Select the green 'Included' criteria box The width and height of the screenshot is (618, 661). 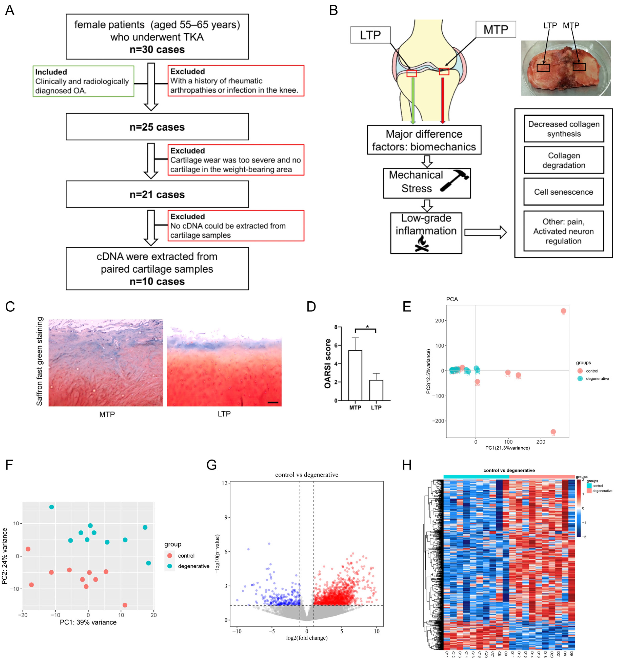pyautogui.click(x=83, y=81)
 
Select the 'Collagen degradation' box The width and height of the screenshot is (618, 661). pyautogui.click(x=564, y=160)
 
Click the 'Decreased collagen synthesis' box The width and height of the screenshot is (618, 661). pyautogui.click(x=564, y=129)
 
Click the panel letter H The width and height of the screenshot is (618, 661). pyautogui.click(x=407, y=465)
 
